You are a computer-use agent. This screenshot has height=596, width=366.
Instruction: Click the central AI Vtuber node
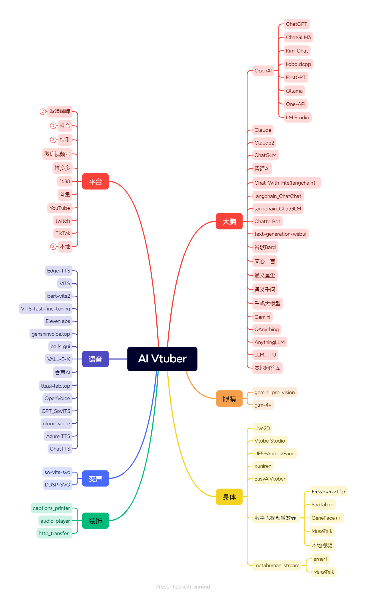162,359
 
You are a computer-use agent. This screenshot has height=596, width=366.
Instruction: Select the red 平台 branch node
95,181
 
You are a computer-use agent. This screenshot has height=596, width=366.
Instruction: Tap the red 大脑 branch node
229,221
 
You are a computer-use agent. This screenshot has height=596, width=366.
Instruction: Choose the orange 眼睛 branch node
229,399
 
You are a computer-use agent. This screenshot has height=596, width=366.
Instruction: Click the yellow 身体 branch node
229,497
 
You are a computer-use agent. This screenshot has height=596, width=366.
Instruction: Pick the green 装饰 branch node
95,521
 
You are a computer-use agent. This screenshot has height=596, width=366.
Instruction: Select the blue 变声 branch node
95,478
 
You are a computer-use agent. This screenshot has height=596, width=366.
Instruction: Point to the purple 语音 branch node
95,359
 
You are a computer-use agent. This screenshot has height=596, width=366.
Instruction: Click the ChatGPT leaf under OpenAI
297,24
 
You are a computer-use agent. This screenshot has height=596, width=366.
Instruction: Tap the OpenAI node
263,71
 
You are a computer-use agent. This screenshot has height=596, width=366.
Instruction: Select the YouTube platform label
60,208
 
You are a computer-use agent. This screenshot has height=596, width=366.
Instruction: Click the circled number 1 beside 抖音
53,126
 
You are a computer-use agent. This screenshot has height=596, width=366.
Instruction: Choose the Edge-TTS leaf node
58,271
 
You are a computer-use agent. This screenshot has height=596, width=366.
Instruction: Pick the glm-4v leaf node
263,405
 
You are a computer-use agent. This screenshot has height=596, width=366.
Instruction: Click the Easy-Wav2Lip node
328,492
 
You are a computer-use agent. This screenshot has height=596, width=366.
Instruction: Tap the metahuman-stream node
277,565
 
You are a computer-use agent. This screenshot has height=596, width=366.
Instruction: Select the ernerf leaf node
320,559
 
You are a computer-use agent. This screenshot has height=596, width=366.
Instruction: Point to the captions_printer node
51,508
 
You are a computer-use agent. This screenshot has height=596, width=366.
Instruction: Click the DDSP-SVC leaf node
57,485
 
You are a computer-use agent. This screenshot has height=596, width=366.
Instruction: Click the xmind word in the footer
202,587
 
